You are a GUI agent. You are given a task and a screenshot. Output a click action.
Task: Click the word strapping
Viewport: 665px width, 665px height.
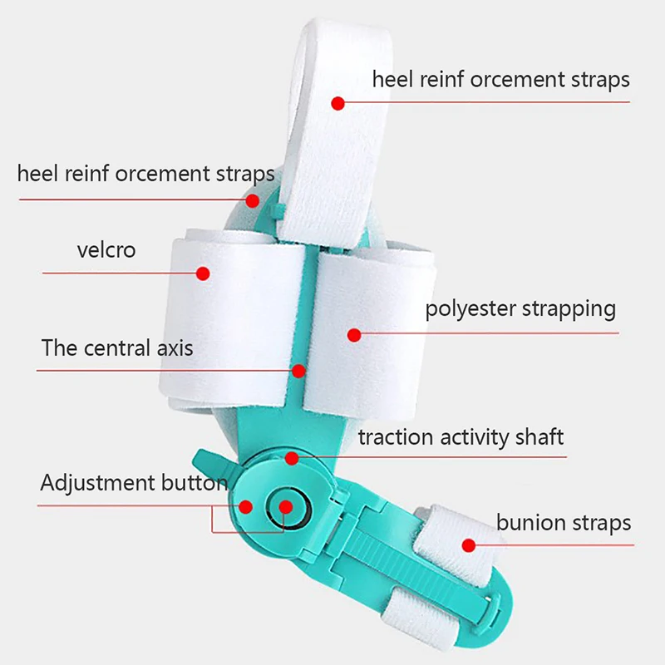point(569,309)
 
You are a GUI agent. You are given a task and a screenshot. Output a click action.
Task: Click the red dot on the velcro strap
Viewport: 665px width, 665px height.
point(203,272)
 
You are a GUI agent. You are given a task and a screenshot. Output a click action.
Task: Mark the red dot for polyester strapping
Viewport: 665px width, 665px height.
point(354,335)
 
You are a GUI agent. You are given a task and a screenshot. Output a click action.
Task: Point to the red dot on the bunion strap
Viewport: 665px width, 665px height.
point(469,546)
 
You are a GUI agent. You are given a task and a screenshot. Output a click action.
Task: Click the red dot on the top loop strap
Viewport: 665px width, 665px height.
point(337,103)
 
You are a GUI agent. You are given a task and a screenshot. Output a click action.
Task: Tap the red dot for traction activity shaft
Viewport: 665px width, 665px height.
point(292,458)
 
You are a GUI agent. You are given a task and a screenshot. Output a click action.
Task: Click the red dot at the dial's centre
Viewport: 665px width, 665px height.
point(285,505)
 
